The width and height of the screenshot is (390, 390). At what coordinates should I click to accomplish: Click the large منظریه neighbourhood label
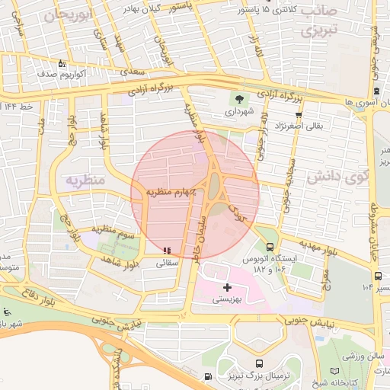point(85,181)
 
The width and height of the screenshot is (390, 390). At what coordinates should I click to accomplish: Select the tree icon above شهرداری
point(241,99)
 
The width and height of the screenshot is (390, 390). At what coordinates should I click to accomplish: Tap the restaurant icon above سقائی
point(167,250)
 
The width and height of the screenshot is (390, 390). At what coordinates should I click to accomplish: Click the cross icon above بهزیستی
point(227,287)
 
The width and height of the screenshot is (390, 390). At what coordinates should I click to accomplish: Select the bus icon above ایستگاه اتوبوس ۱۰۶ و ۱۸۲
point(270,247)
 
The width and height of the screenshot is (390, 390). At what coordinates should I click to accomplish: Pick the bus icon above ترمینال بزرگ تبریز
point(261,363)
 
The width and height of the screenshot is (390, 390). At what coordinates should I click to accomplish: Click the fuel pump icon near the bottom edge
point(209,377)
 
